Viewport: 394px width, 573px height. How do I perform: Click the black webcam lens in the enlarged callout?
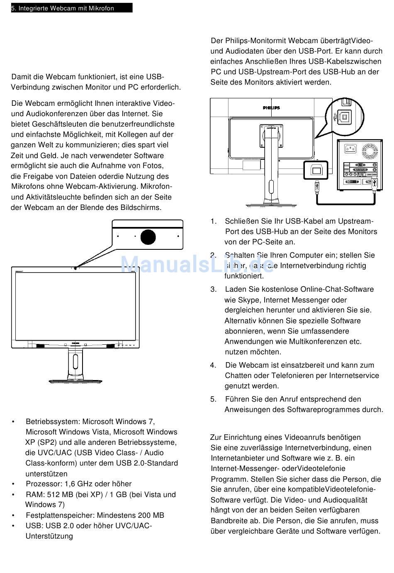(x=148, y=237)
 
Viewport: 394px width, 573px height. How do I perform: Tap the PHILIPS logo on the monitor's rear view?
(x=271, y=108)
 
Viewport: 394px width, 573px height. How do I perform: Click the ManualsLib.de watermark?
(x=197, y=264)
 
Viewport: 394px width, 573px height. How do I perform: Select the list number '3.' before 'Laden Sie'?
(x=214, y=289)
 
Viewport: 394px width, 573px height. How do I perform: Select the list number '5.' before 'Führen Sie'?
(x=214, y=399)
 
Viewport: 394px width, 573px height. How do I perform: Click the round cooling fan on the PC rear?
(x=370, y=151)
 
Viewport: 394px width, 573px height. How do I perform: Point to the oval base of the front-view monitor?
(x=75, y=381)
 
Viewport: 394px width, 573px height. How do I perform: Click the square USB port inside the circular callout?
(x=344, y=117)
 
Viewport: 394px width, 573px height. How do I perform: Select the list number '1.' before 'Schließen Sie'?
(x=214, y=221)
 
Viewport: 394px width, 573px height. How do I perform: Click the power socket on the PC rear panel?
(x=350, y=149)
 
